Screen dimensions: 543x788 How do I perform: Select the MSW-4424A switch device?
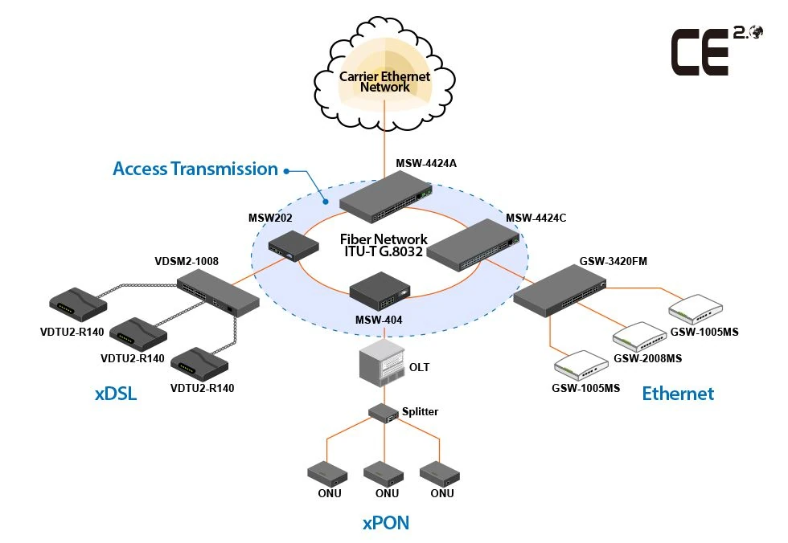point(384,199)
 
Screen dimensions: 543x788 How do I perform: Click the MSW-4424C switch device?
point(470,244)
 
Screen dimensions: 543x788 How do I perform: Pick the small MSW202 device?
point(290,244)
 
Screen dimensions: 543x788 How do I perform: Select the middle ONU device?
point(382,473)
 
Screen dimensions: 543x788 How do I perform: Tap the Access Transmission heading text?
point(195,169)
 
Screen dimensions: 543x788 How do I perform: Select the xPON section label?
point(385,524)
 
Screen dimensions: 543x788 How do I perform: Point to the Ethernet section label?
point(677,394)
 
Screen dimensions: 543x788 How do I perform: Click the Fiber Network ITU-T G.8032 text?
point(384,246)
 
